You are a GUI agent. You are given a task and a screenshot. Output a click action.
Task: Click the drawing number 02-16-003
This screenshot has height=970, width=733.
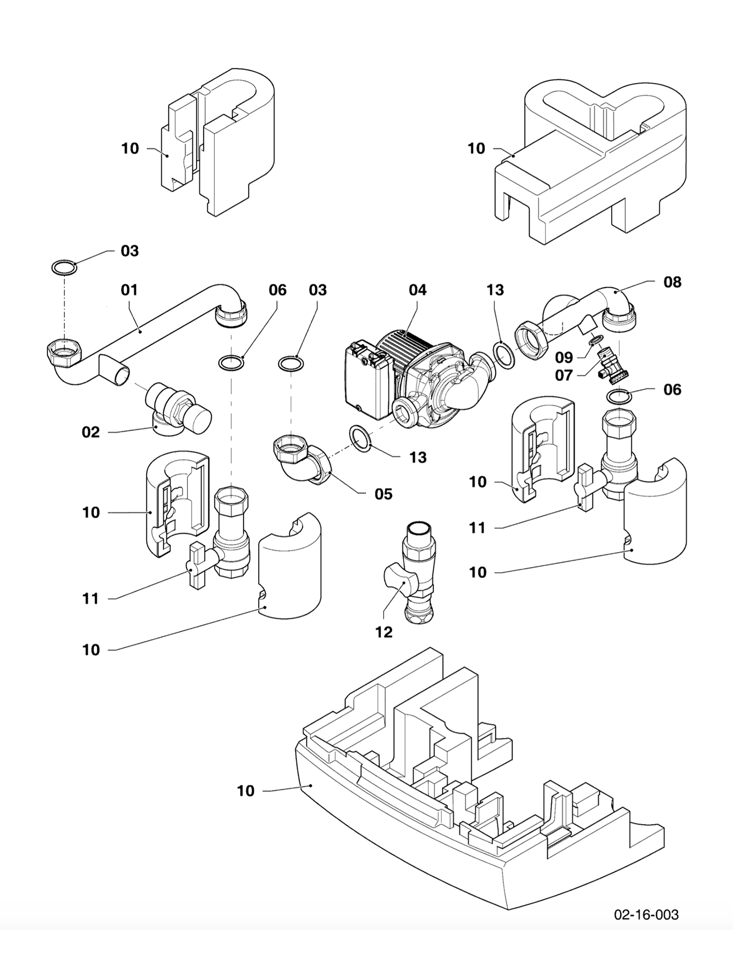click(646, 914)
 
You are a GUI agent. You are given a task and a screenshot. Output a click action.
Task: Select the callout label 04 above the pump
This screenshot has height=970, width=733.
click(418, 290)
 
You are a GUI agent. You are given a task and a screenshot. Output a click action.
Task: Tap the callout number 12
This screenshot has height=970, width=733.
click(384, 632)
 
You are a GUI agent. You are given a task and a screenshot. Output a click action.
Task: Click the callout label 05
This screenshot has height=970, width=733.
click(383, 494)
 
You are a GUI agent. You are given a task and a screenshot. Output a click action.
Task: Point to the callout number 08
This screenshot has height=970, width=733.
click(672, 282)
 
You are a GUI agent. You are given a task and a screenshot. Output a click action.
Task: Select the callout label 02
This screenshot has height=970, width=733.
click(91, 432)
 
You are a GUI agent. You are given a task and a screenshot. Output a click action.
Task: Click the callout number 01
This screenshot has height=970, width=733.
click(129, 290)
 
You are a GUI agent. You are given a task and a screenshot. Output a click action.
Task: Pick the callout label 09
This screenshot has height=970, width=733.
click(564, 358)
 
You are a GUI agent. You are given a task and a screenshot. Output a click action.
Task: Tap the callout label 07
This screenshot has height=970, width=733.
click(564, 375)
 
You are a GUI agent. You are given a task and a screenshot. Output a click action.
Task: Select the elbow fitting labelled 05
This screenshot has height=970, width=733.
click(301, 460)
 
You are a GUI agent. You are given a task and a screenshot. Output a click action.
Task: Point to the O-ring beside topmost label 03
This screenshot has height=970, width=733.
click(64, 267)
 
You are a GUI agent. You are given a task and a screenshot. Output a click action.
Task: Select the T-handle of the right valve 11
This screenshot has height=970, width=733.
click(585, 488)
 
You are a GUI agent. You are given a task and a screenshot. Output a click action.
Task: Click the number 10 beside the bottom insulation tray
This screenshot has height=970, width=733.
click(246, 791)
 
